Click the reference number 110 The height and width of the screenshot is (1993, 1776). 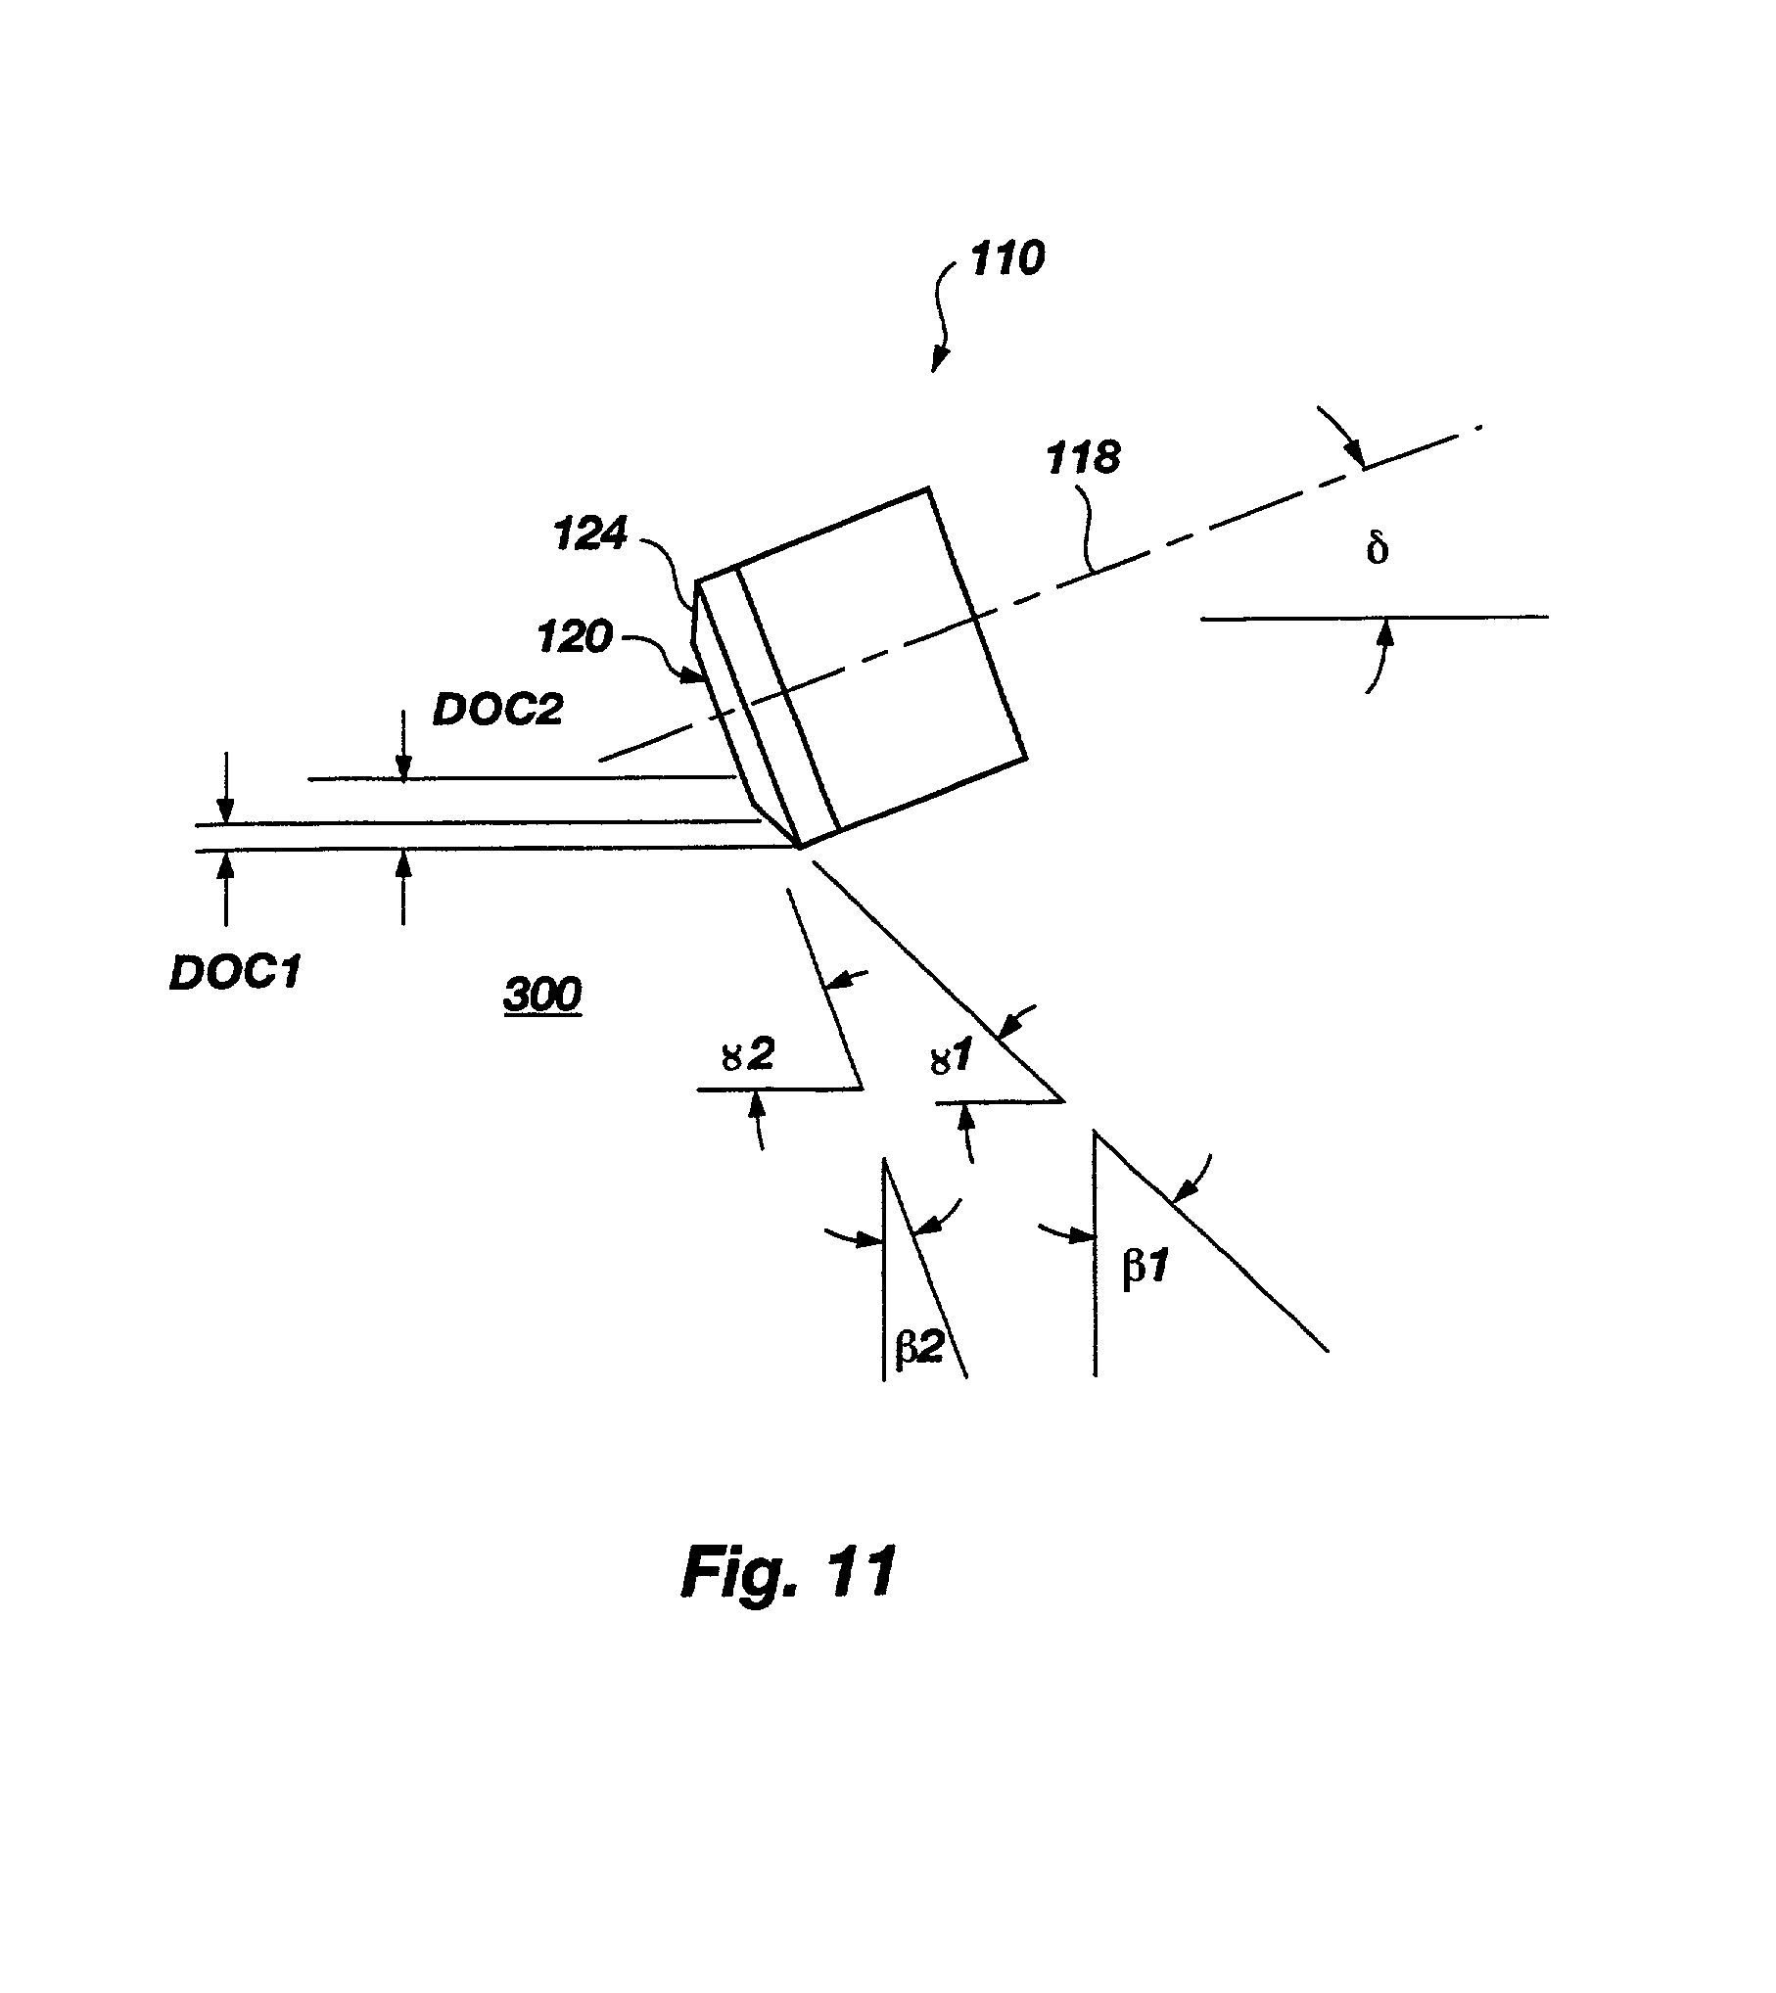(x=1006, y=259)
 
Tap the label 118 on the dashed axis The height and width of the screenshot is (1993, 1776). (x=1084, y=457)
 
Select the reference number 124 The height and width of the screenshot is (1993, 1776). (x=590, y=534)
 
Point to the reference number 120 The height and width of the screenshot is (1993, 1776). (x=575, y=638)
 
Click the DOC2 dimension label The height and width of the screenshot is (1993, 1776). (x=498, y=710)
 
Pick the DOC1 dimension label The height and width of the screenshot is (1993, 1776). (x=234, y=974)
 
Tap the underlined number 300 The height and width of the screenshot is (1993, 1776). (x=542, y=996)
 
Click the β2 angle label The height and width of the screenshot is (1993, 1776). (x=918, y=1348)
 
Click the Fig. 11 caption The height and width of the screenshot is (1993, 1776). (x=788, y=1573)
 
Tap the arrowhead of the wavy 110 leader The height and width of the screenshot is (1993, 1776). (x=937, y=363)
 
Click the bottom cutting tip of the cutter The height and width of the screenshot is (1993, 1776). (x=801, y=848)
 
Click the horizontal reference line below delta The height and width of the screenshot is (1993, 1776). (x=1375, y=618)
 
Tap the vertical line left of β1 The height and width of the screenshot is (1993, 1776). (x=1095, y=1254)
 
